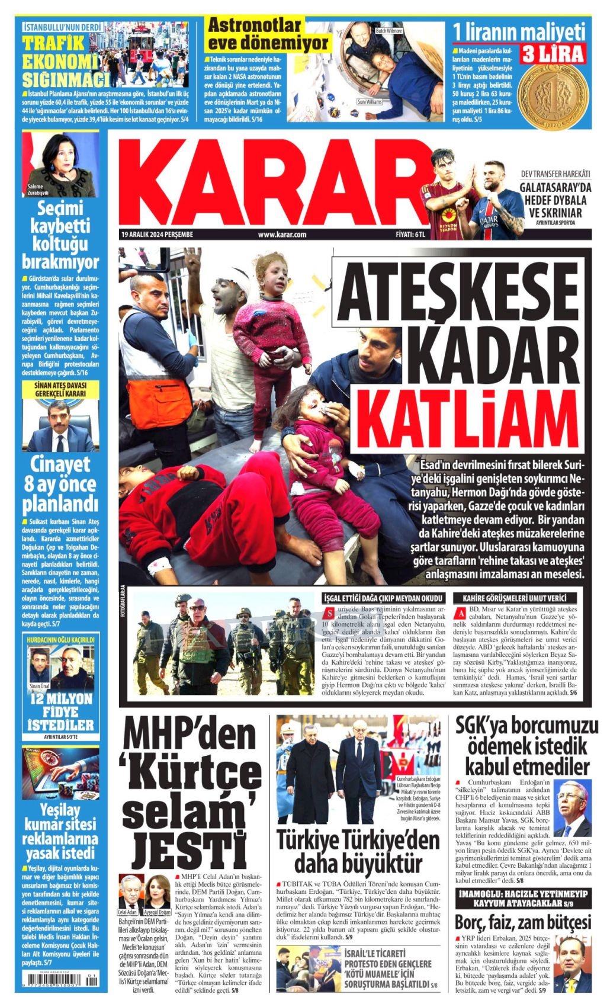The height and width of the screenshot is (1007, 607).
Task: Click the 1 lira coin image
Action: (557, 95)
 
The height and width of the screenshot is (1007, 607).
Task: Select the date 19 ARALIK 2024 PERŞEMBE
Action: (158, 235)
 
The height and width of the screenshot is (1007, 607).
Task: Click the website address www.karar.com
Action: (282, 235)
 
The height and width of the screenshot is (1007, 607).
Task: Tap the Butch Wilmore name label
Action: (388, 30)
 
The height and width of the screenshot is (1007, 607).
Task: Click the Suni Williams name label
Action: (369, 102)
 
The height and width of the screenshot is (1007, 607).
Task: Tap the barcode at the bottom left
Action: (59, 980)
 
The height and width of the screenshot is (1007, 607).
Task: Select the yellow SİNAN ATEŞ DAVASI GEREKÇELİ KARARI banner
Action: (60, 389)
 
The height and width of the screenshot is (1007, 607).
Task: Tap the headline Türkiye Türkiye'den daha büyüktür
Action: (359, 851)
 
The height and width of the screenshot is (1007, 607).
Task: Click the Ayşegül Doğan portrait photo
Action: (158, 891)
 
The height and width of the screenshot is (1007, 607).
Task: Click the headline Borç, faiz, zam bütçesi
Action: (523, 922)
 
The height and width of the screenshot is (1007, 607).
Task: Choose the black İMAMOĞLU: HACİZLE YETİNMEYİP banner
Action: (523, 898)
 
